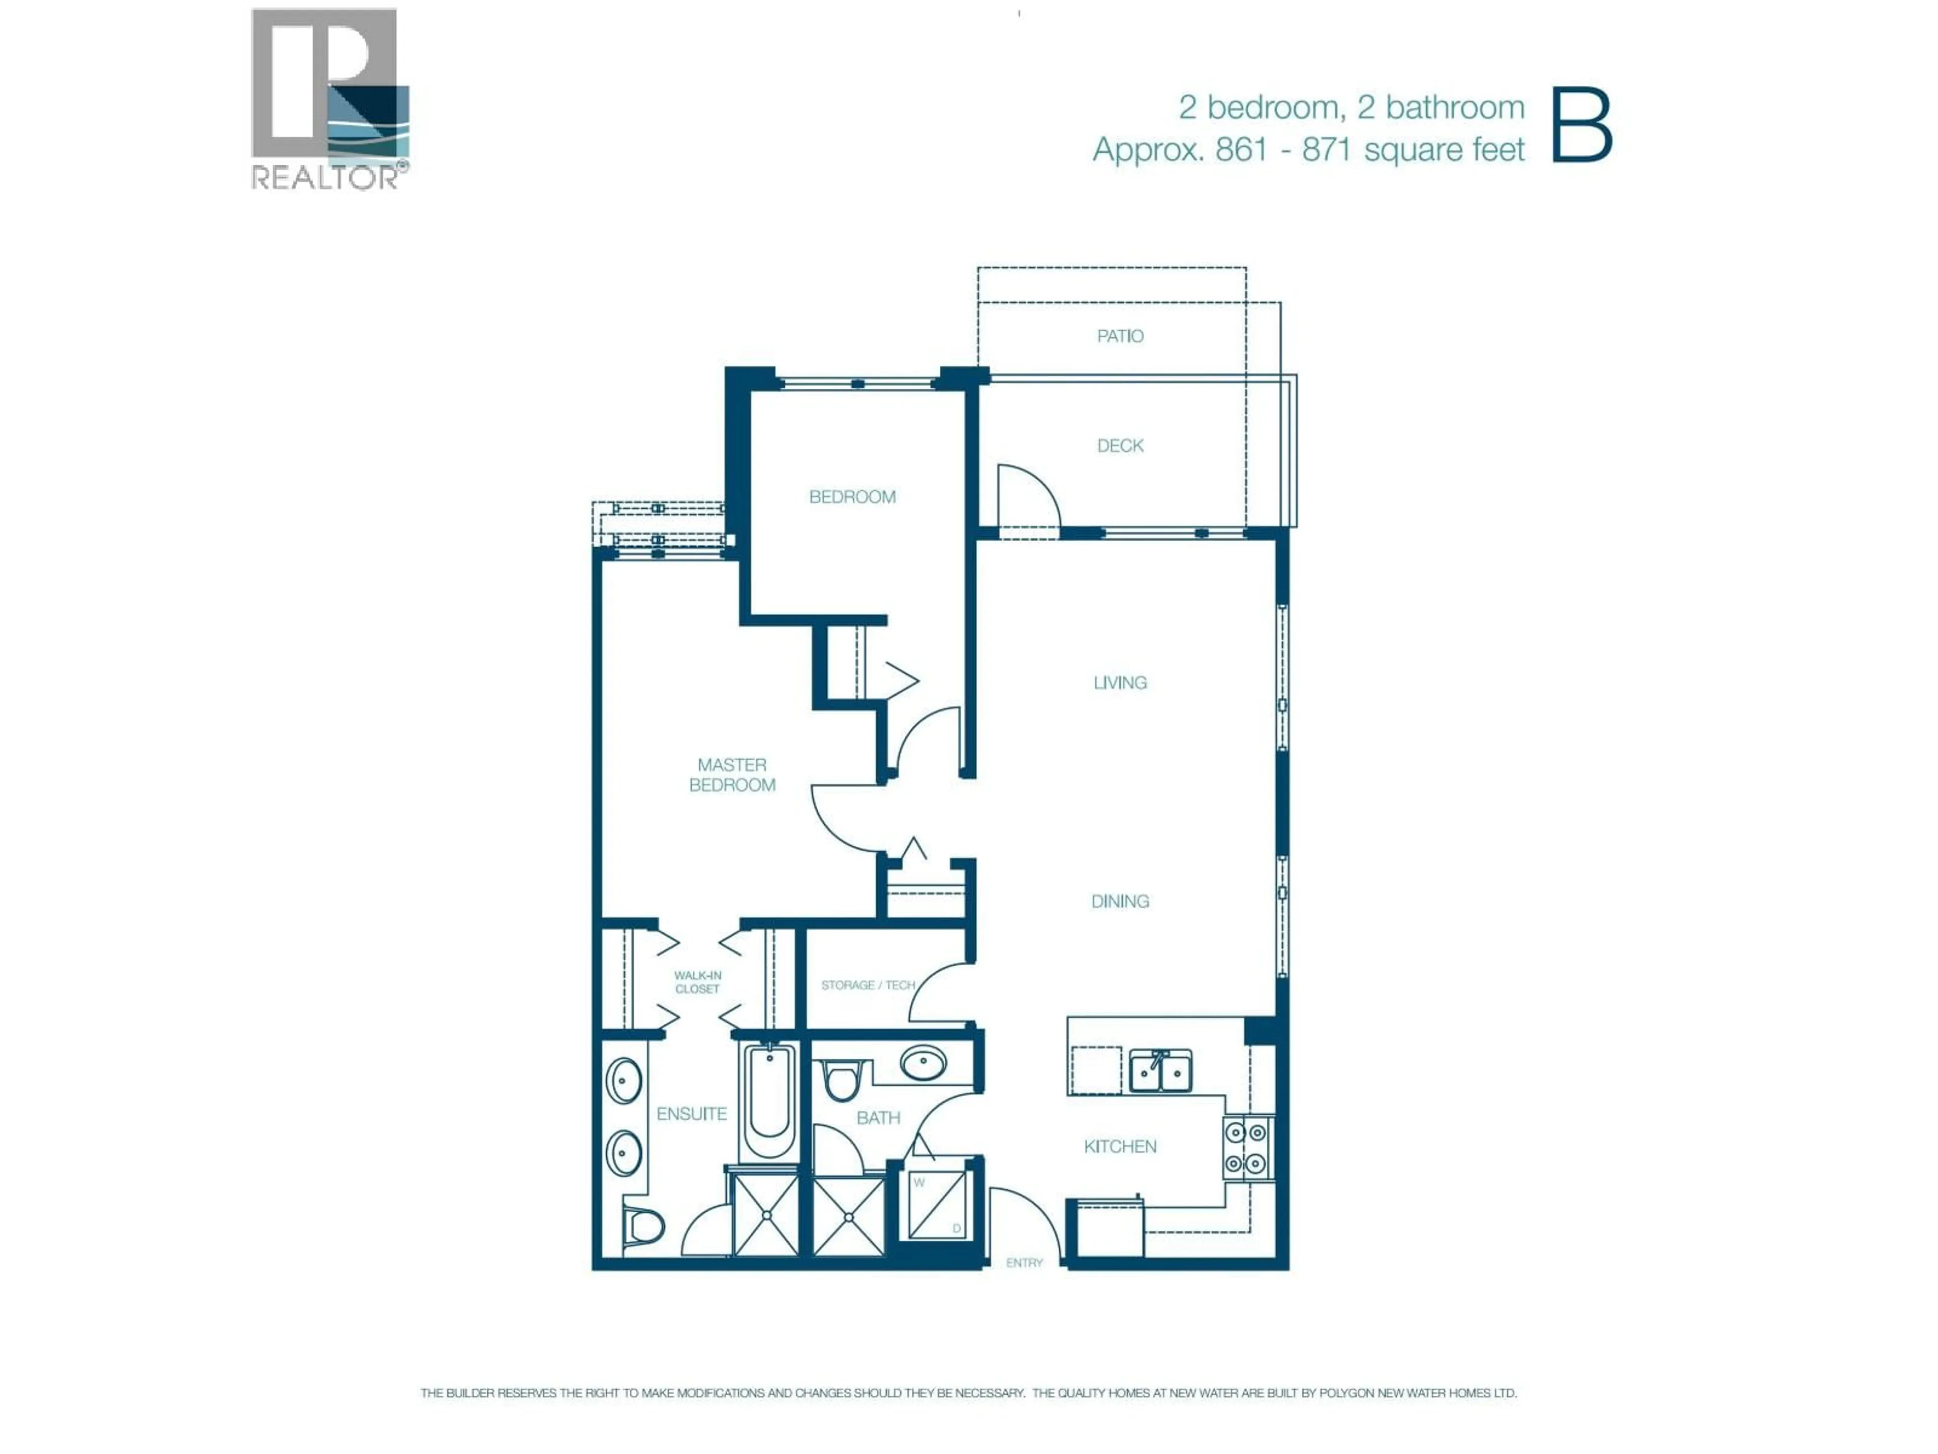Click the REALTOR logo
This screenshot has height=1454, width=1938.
(330, 98)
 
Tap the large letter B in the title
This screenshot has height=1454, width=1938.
(1582, 125)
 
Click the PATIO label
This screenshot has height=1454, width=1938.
(1120, 336)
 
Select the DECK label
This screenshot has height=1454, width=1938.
(1120, 445)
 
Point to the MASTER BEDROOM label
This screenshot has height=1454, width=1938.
(732, 775)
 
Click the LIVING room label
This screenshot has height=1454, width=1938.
(1120, 682)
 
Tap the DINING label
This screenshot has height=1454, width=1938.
(1120, 901)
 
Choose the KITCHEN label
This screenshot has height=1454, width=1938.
(1120, 1147)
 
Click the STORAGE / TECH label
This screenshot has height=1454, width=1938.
(868, 985)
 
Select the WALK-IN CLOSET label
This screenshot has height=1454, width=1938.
(697, 981)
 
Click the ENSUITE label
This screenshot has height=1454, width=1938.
(691, 1114)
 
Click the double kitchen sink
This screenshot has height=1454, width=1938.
(1160, 1071)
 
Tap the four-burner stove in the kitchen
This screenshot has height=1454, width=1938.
(1246, 1147)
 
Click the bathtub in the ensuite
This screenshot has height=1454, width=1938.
(769, 1103)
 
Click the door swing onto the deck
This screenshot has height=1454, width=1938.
(1027, 500)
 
